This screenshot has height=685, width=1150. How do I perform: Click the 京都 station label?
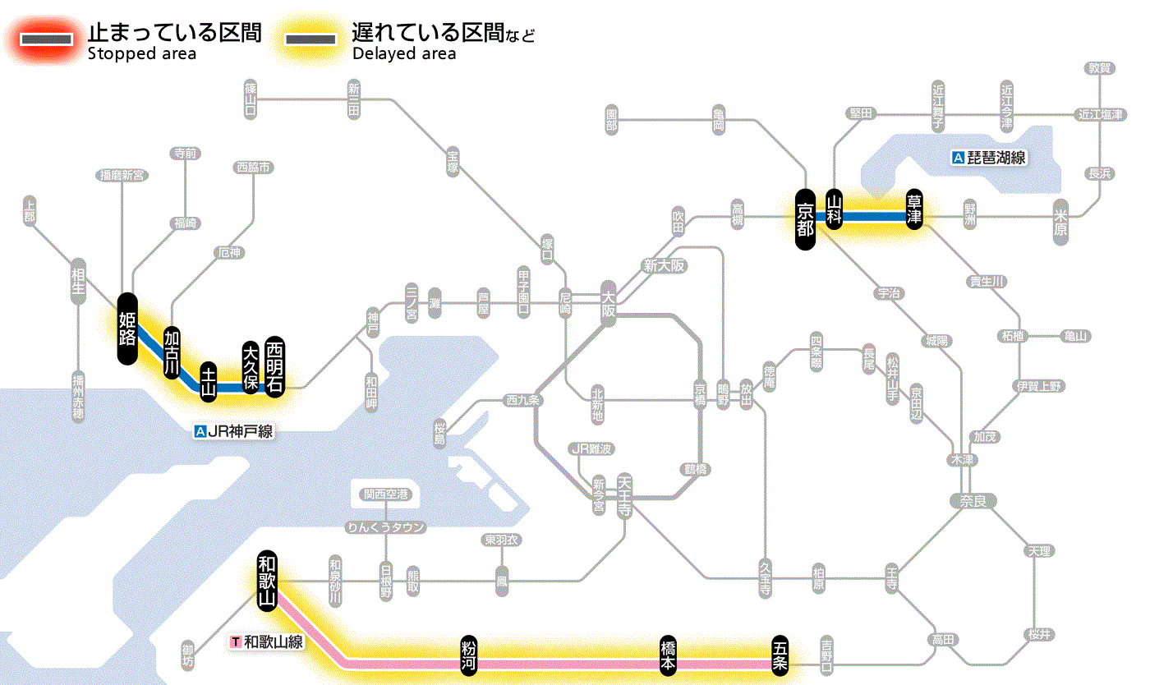(805, 219)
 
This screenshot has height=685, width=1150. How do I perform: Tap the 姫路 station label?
(127, 329)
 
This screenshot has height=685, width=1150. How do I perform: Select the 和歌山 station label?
(268, 582)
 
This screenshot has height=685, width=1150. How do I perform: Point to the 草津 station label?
(914, 209)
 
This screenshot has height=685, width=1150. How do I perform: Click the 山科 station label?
(835, 209)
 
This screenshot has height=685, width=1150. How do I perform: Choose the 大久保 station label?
(251, 367)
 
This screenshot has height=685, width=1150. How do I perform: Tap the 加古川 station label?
(172, 352)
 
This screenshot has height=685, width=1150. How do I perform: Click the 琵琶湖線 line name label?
(989, 158)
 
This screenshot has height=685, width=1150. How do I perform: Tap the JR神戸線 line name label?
(233, 431)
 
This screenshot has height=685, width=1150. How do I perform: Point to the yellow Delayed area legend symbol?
(310, 39)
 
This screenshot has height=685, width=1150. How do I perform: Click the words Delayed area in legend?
(403, 54)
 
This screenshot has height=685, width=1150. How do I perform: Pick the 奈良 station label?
(973, 500)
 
